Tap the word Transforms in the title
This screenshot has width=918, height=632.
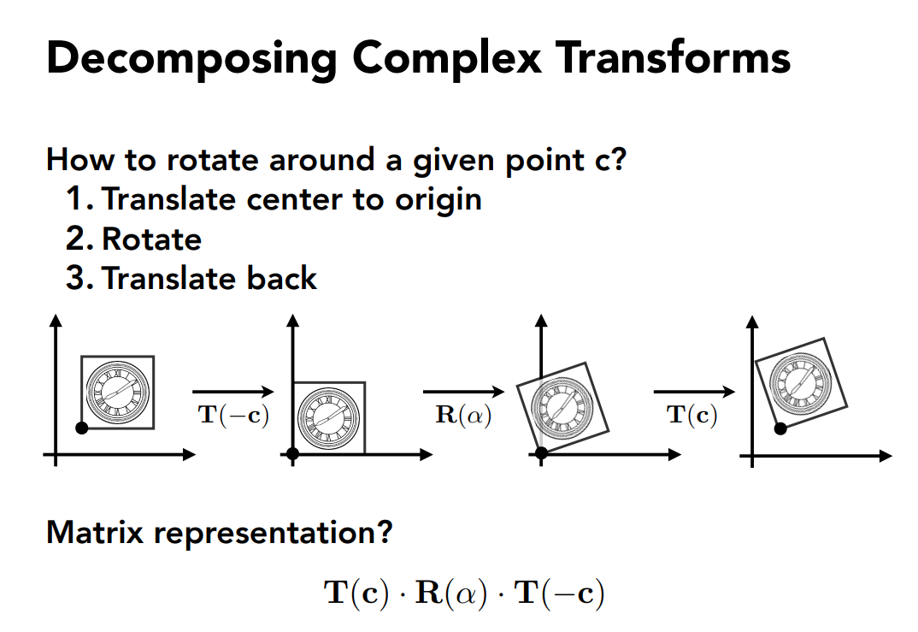click(x=674, y=57)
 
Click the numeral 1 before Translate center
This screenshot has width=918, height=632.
click(x=75, y=198)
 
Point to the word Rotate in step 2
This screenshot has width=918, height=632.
click(x=151, y=239)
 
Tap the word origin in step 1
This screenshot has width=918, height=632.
click(x=438, y=200)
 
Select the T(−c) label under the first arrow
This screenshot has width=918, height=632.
click(x=233, y=415)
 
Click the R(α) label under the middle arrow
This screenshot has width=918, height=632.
click(x=463, y=415)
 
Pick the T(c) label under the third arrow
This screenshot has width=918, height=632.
click(x=691, y=415)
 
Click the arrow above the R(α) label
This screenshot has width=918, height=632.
click(x=463, y=392)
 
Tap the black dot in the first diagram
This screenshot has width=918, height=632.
click(x=82, y=428)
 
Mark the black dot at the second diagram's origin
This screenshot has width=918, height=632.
click(x=293, y=454)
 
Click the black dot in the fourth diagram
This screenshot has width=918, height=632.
click(x=780, y=428)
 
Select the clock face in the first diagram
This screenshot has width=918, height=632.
click(x=118, y=393)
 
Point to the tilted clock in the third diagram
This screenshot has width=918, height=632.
click(x=562, y=406)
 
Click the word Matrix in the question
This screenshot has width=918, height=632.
click(x=95, y=533)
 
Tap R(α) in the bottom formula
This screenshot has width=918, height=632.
click(x=450, y=592)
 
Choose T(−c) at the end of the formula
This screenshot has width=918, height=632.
click(x=559, y=592)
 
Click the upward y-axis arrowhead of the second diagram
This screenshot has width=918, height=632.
click(x=293, y=320)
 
